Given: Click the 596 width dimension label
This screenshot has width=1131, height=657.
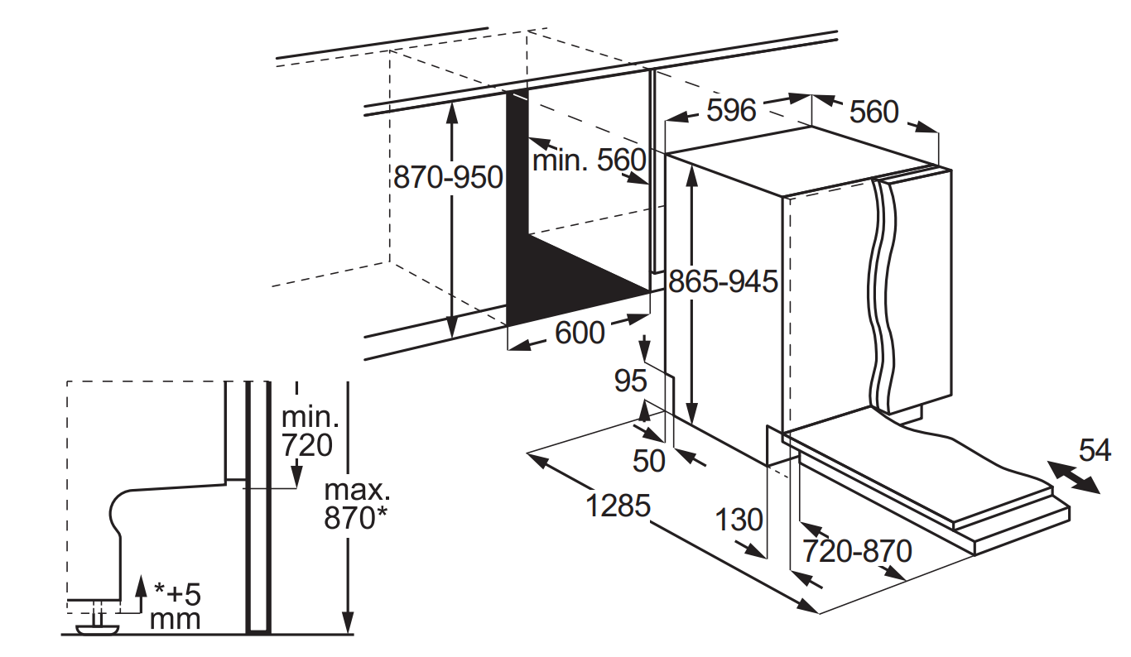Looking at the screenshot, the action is point(731,110).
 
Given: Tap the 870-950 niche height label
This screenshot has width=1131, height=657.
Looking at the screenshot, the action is point(448,177).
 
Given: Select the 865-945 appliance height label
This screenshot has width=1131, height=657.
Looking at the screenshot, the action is point(723,281).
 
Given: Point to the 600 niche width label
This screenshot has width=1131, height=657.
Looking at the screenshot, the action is point(580,333).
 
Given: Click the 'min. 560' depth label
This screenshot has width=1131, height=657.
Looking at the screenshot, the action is point(590,161).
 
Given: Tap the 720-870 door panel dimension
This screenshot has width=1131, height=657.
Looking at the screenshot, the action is point(857,550).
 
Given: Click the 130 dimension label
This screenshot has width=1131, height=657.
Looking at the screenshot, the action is point(739,520).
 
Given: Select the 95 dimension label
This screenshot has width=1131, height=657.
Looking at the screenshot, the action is point(631,381).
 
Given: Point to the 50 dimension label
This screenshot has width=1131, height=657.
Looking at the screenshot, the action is point(649,461).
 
